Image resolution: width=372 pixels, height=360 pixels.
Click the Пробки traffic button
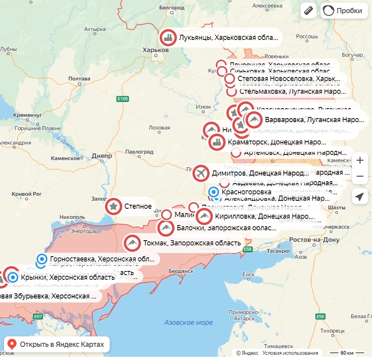point(344,11)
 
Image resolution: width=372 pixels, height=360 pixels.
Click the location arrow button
point(360,196)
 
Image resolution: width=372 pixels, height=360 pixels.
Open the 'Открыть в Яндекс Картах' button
point(57,344)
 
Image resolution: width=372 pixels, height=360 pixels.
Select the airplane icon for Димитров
point(201,173)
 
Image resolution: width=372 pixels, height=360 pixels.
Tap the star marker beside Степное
point(114,206)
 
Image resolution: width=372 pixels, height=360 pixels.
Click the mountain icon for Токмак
point(132,243)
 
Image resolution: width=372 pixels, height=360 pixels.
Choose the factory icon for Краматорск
point(217,142)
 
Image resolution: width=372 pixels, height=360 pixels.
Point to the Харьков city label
point(156,50)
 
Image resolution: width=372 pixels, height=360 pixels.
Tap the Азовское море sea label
point(188,322)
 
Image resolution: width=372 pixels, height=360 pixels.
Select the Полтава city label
point(79,79)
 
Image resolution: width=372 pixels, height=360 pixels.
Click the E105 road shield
point(123,99)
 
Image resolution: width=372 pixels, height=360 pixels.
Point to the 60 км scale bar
point(347,353)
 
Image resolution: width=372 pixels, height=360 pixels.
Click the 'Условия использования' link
point(290,353)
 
